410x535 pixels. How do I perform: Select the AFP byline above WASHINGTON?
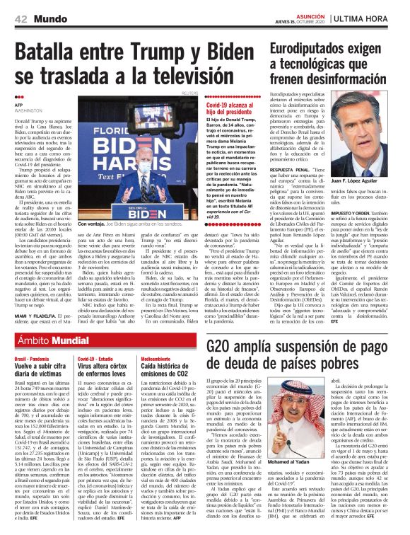tap(19, 104)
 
